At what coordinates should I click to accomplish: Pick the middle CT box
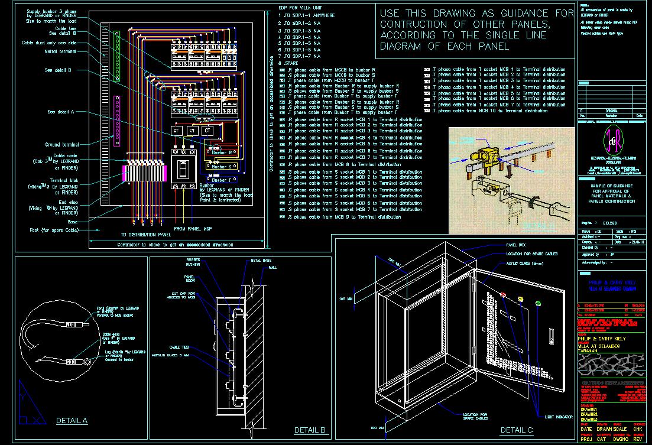(192, 131)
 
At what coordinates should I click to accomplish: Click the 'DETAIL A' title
(72, 421)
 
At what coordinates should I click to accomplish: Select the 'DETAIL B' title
(310, 430)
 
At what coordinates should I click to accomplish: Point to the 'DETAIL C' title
(517, 430)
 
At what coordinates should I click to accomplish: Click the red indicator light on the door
(504, 294)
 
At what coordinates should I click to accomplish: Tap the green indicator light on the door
(538, 304)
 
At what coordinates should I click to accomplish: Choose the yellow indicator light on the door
(521, 299)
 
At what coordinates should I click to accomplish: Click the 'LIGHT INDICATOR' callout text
(559, 417)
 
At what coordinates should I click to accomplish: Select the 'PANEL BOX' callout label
(516, 245)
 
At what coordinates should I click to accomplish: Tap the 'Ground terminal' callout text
(62, 145)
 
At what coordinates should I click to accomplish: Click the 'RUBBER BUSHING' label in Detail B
(193, 262)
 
